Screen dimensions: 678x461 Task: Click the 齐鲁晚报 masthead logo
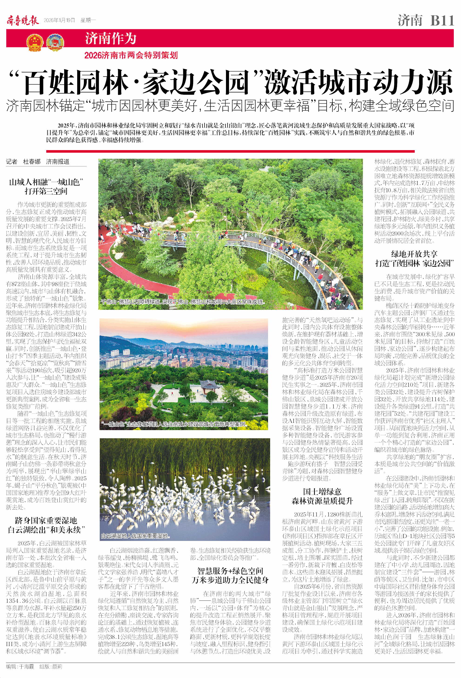[x=23, y=21]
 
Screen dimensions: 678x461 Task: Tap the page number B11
[x=442, y=21]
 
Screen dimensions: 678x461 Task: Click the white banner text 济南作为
[x=111, y=38]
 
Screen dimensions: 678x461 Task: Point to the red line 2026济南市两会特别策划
[x=131, y=55]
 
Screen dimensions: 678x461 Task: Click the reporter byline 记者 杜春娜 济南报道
[x=38, y=162]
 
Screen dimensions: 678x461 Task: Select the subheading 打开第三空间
[x=46, y=191]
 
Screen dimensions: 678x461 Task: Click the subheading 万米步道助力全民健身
[x=230, y=580]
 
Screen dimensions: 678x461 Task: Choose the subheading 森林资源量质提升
[x=322, y=501]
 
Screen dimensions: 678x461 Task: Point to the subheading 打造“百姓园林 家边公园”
[x=414, y=263]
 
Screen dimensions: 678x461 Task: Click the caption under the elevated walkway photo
[x=183, y=302]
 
